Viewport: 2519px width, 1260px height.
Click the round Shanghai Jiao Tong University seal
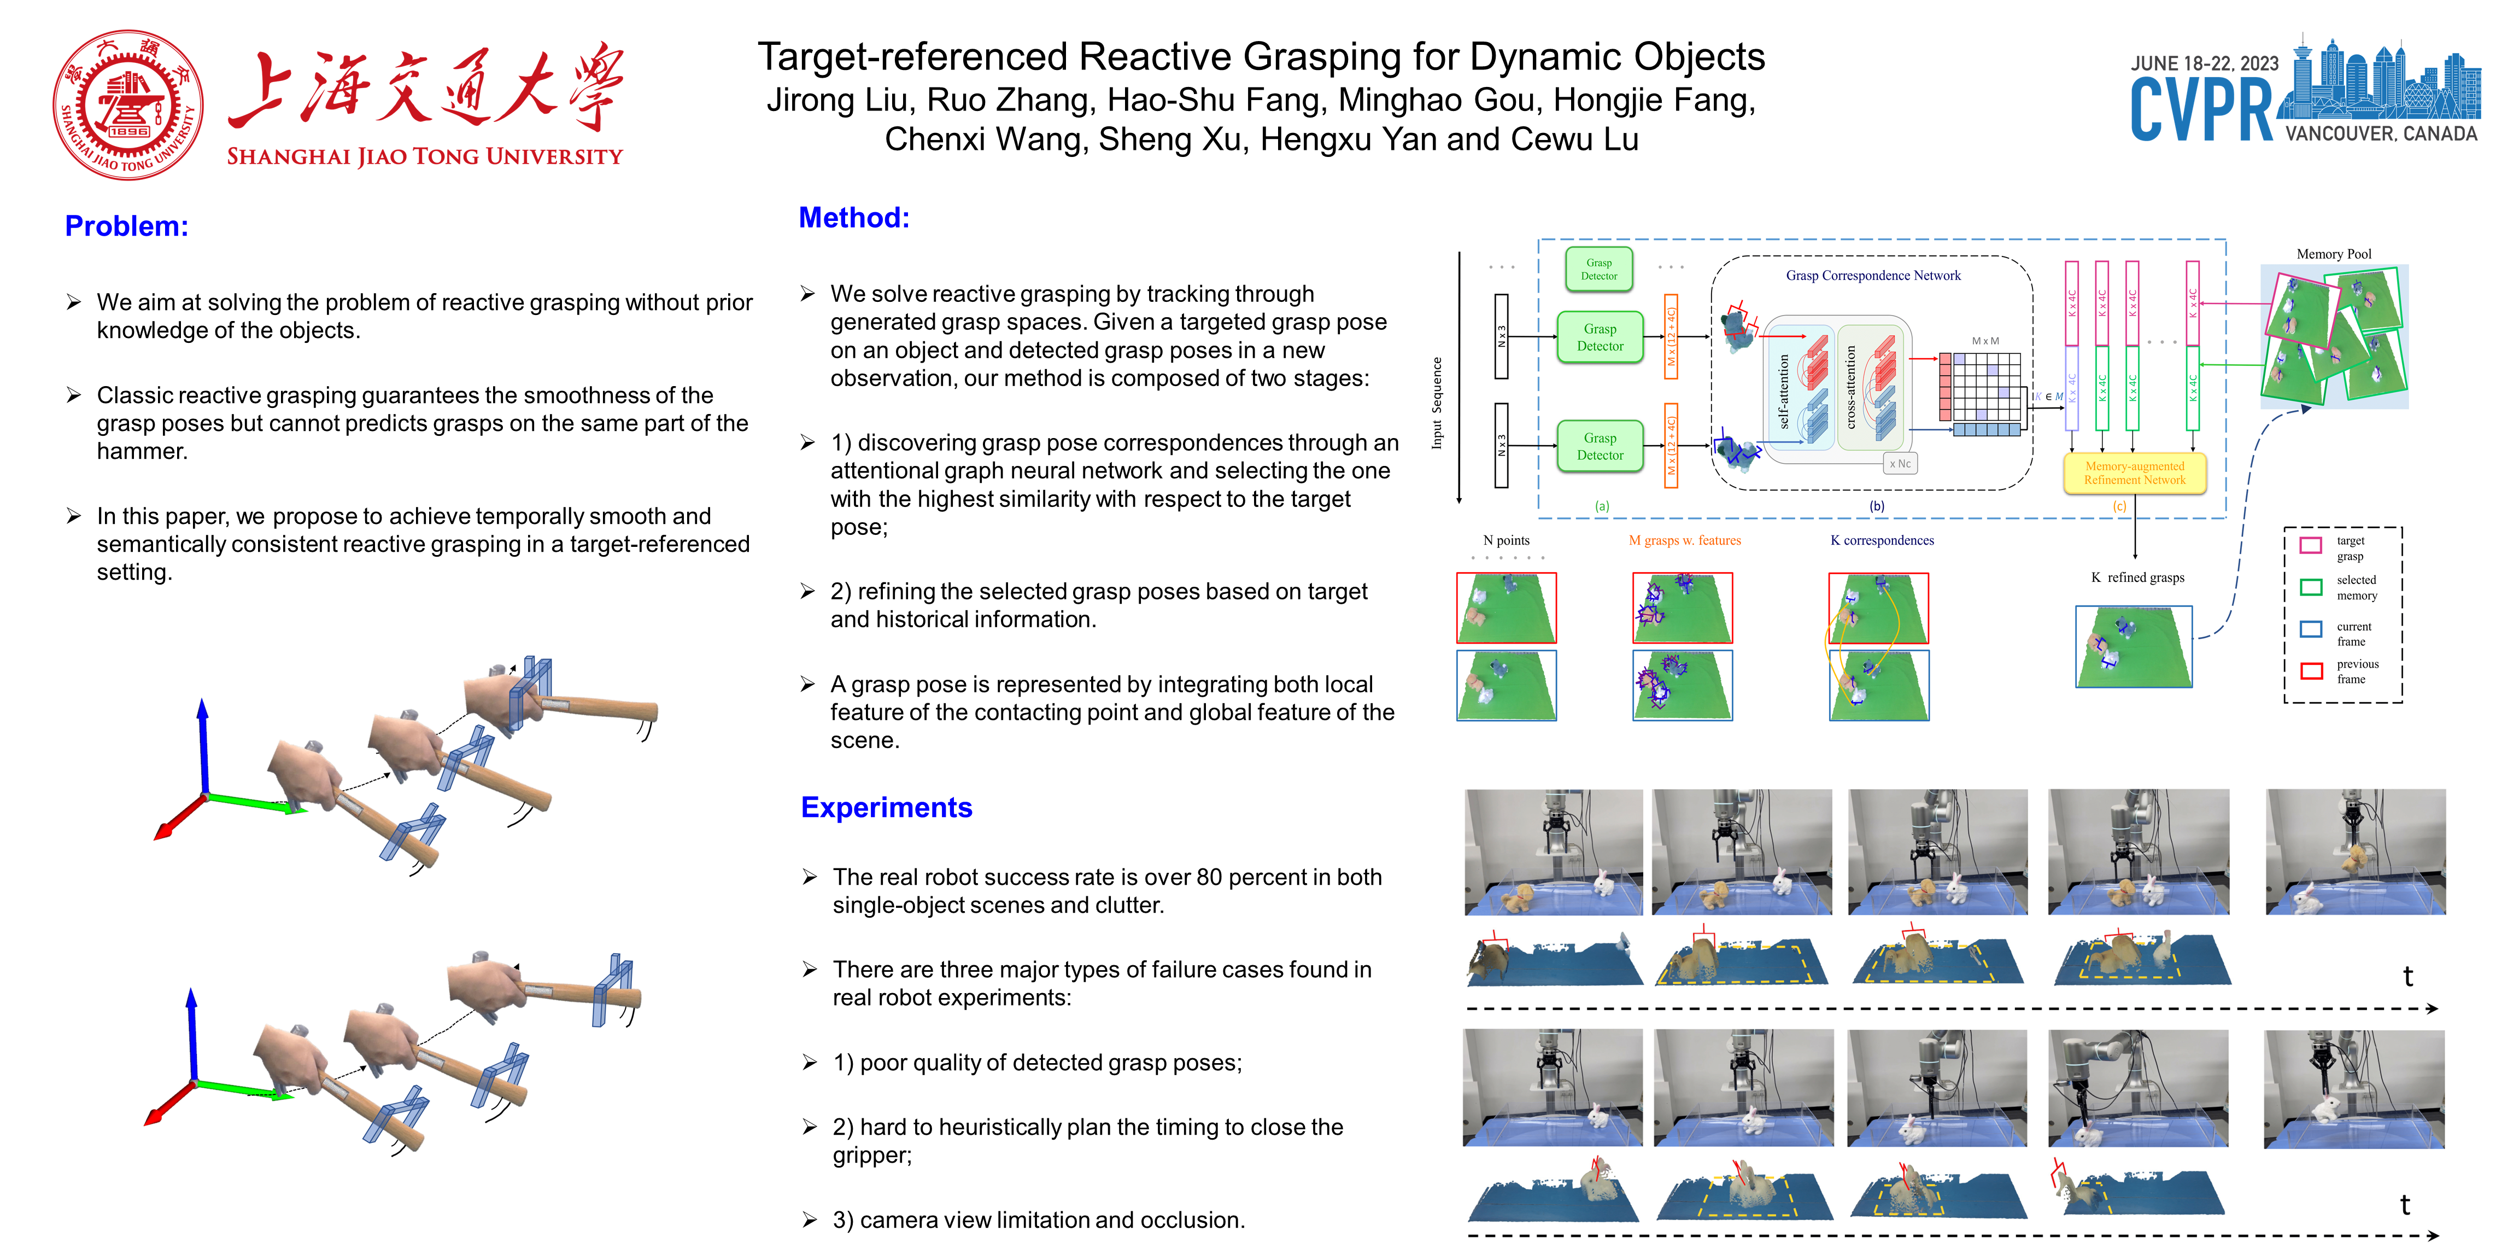[128, 104]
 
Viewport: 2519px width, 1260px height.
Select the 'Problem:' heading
[126, 226]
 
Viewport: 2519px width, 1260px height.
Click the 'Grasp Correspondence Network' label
[1873, 276]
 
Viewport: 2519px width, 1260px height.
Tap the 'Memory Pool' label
[2333, 254]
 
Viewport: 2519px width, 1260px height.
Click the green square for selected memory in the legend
[2311, 587]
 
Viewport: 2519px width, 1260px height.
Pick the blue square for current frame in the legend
[2311, 629]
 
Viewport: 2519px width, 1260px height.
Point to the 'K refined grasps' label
[2137, 577]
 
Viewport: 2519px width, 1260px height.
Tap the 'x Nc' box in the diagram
[1899, 464]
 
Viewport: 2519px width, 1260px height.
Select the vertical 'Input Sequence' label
[1437, 403]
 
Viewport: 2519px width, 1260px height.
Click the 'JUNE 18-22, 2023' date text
[2204, 63]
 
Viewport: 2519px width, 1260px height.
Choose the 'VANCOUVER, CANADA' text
[2381, 134]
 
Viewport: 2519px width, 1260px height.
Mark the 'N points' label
[1506, 540]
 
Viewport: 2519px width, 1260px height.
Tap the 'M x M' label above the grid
[1985, 341]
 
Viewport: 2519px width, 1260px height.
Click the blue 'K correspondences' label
[1882, 540]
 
